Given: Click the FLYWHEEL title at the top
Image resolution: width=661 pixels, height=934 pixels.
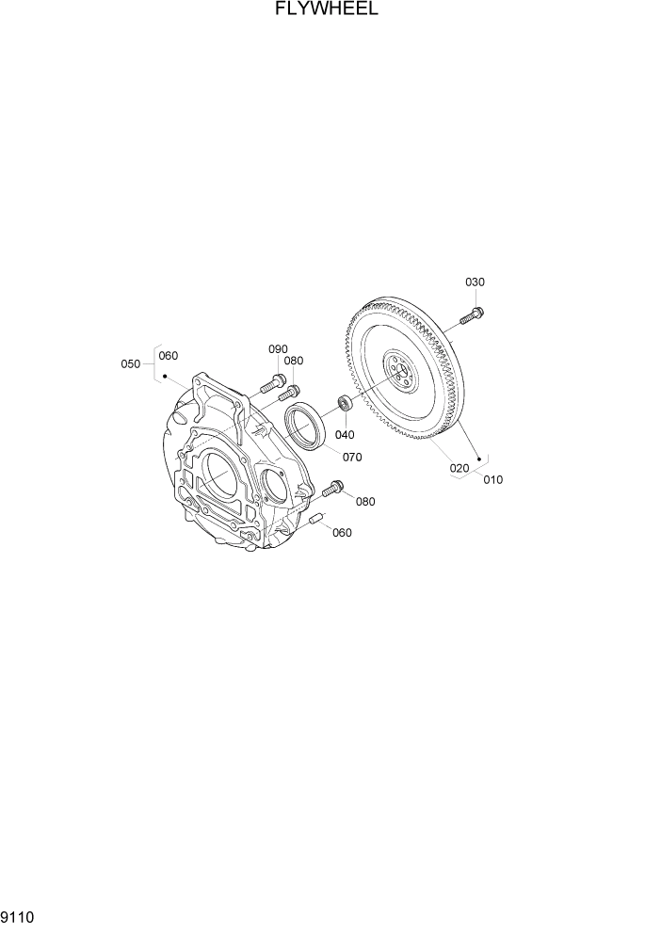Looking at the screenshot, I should click(328, 10).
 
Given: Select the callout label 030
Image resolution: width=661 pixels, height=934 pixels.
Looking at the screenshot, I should click(476, 282).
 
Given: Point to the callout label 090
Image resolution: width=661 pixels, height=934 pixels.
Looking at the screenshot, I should click(278, 349).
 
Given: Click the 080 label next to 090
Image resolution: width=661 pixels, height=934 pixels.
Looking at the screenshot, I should click(294, 361).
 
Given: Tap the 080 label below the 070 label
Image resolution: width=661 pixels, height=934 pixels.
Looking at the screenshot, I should click(364, 502).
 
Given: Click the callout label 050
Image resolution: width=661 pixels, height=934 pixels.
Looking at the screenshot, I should click(131, 363).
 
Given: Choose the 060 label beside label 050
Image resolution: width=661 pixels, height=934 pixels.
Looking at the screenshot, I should click(168, 356).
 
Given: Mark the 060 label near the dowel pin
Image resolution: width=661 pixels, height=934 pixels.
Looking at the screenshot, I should click(342, 533).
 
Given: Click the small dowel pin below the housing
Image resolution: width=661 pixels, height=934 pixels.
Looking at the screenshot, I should click(316, 519).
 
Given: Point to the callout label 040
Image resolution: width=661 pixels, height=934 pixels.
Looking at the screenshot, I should click(345, 435).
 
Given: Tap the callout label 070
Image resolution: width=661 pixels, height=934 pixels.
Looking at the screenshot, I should click(352, 458).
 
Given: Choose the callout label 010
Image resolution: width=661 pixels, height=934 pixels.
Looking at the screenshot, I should click(492, 479).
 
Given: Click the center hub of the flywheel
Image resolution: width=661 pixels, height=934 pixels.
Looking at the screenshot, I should click(400, 372).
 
